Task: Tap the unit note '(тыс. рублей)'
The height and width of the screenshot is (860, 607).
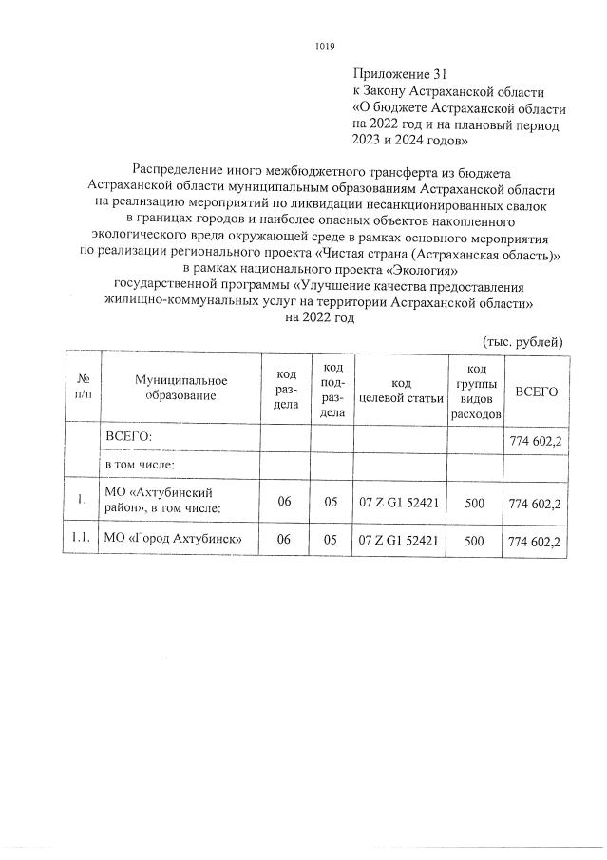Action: (523, 340)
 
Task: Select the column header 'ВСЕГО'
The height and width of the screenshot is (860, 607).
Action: (537, 392)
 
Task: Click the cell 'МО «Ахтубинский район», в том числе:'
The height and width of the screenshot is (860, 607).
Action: (163, 500)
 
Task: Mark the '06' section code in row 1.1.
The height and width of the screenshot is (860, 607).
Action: (284, 541)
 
